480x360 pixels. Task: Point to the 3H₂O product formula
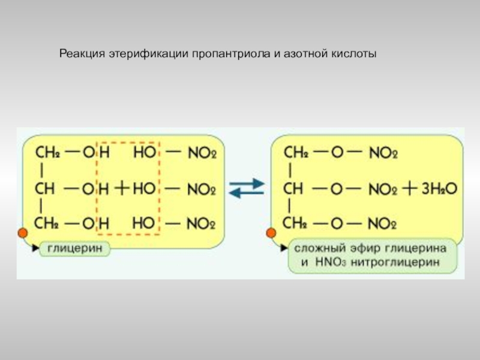tap(439, 189)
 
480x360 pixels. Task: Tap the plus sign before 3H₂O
tap(410, 189)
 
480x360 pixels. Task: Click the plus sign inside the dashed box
tap(122, 189)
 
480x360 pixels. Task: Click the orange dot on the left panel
tap(23, 233)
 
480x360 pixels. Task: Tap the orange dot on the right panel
tap(271, 232)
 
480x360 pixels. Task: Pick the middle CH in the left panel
tap(45, 189)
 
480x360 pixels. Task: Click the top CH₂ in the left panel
tap(48, 153)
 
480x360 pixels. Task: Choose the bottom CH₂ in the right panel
tap(295, 224)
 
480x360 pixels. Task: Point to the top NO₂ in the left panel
tap(202, 154)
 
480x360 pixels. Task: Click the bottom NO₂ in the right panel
tap(383, 224)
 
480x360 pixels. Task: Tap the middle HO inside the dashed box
tap(144, 189)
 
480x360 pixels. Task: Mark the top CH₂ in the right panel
tap(296, 153)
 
